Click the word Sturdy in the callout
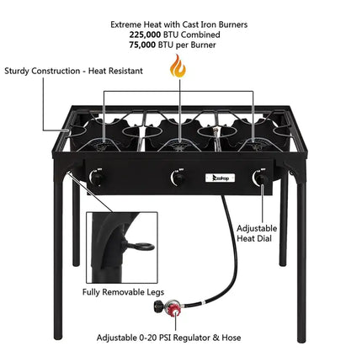[x=22, y=72]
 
